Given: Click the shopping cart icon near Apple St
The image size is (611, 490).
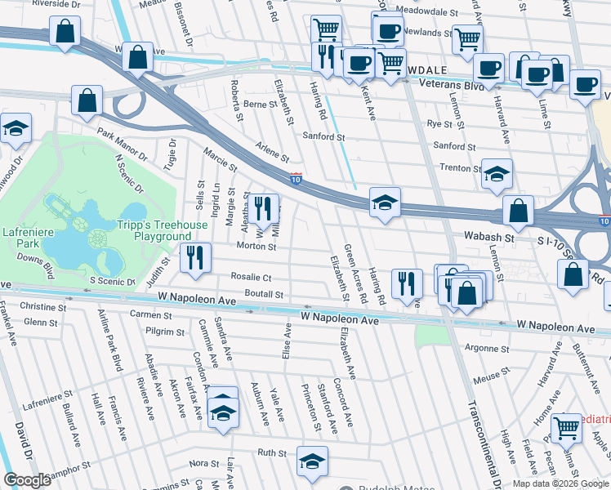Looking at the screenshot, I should pos(565,427).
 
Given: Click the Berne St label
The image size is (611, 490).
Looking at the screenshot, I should pos(261,105).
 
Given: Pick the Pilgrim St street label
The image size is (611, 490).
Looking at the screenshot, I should pos(167,332).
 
